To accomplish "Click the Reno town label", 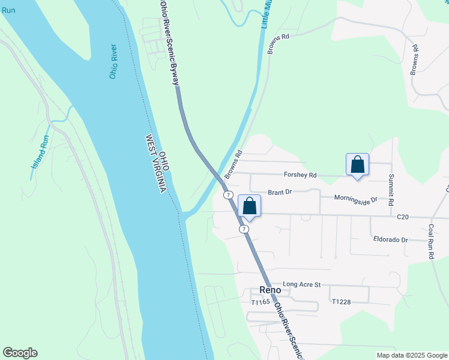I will [270, 289].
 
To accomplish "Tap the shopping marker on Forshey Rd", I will [357, 164].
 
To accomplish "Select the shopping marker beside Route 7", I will [250, 206].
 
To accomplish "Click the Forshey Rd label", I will [300, 175].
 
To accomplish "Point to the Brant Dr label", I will [279, 192].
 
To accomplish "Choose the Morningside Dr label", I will [355, 199].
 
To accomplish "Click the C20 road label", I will [403, 216].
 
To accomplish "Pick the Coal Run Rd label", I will [431, 242].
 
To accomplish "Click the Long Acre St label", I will [302, 284].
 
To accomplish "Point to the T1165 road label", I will [261, 302].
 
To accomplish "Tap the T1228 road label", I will [341, 302].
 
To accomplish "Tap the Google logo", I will [20, 353].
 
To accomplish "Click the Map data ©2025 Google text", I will [412, 355].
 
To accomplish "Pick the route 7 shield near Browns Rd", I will [228, 195].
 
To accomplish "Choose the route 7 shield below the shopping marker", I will [243, 229].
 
